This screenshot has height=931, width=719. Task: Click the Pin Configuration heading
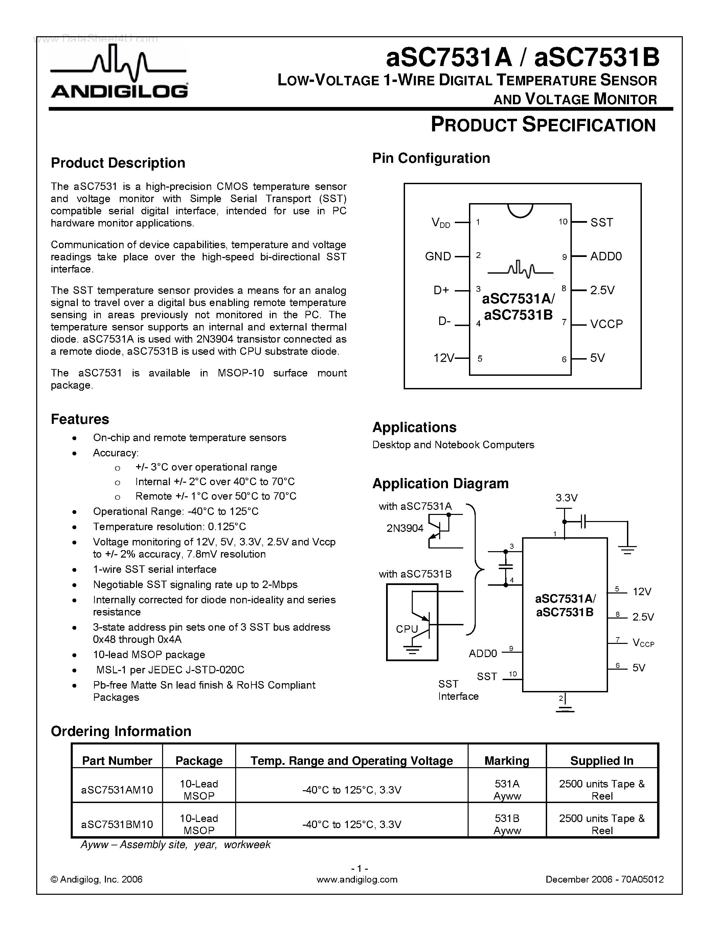431,158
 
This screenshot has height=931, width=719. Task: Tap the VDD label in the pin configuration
441,222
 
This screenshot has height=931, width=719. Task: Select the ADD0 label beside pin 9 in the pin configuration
606,256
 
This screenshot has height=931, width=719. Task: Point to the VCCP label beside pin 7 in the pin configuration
606,324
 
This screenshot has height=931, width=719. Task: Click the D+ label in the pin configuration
441,290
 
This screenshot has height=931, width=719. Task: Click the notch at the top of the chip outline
520,210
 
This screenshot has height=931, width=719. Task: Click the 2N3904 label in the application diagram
405,528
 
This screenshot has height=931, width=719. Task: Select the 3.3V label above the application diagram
566,498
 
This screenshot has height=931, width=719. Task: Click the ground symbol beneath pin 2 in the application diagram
565,709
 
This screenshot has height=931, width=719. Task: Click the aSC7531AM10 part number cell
117,789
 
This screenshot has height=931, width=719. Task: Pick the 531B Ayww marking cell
507,824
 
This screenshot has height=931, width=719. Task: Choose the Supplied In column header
602,760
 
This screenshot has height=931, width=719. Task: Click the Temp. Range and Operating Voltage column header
352,760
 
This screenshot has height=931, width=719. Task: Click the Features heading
80,419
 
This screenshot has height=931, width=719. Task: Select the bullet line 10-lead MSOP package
149,654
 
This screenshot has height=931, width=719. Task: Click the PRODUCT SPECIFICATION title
543,125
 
